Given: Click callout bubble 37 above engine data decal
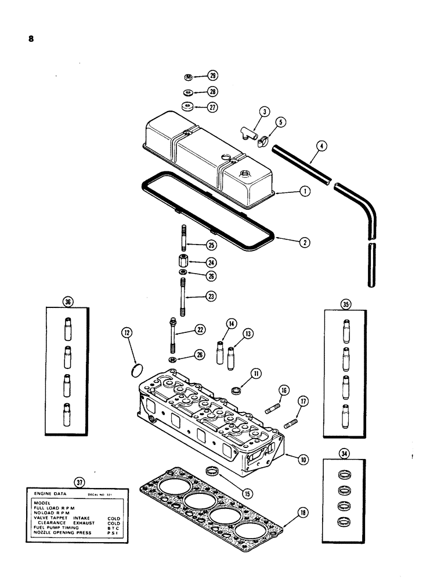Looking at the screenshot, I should pyautogui.click(x=79, y=481).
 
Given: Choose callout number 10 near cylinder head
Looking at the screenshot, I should pyautogui.click(x=302, y=459).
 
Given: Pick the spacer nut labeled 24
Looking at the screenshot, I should pyautogui.click(x=183, y=260).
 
